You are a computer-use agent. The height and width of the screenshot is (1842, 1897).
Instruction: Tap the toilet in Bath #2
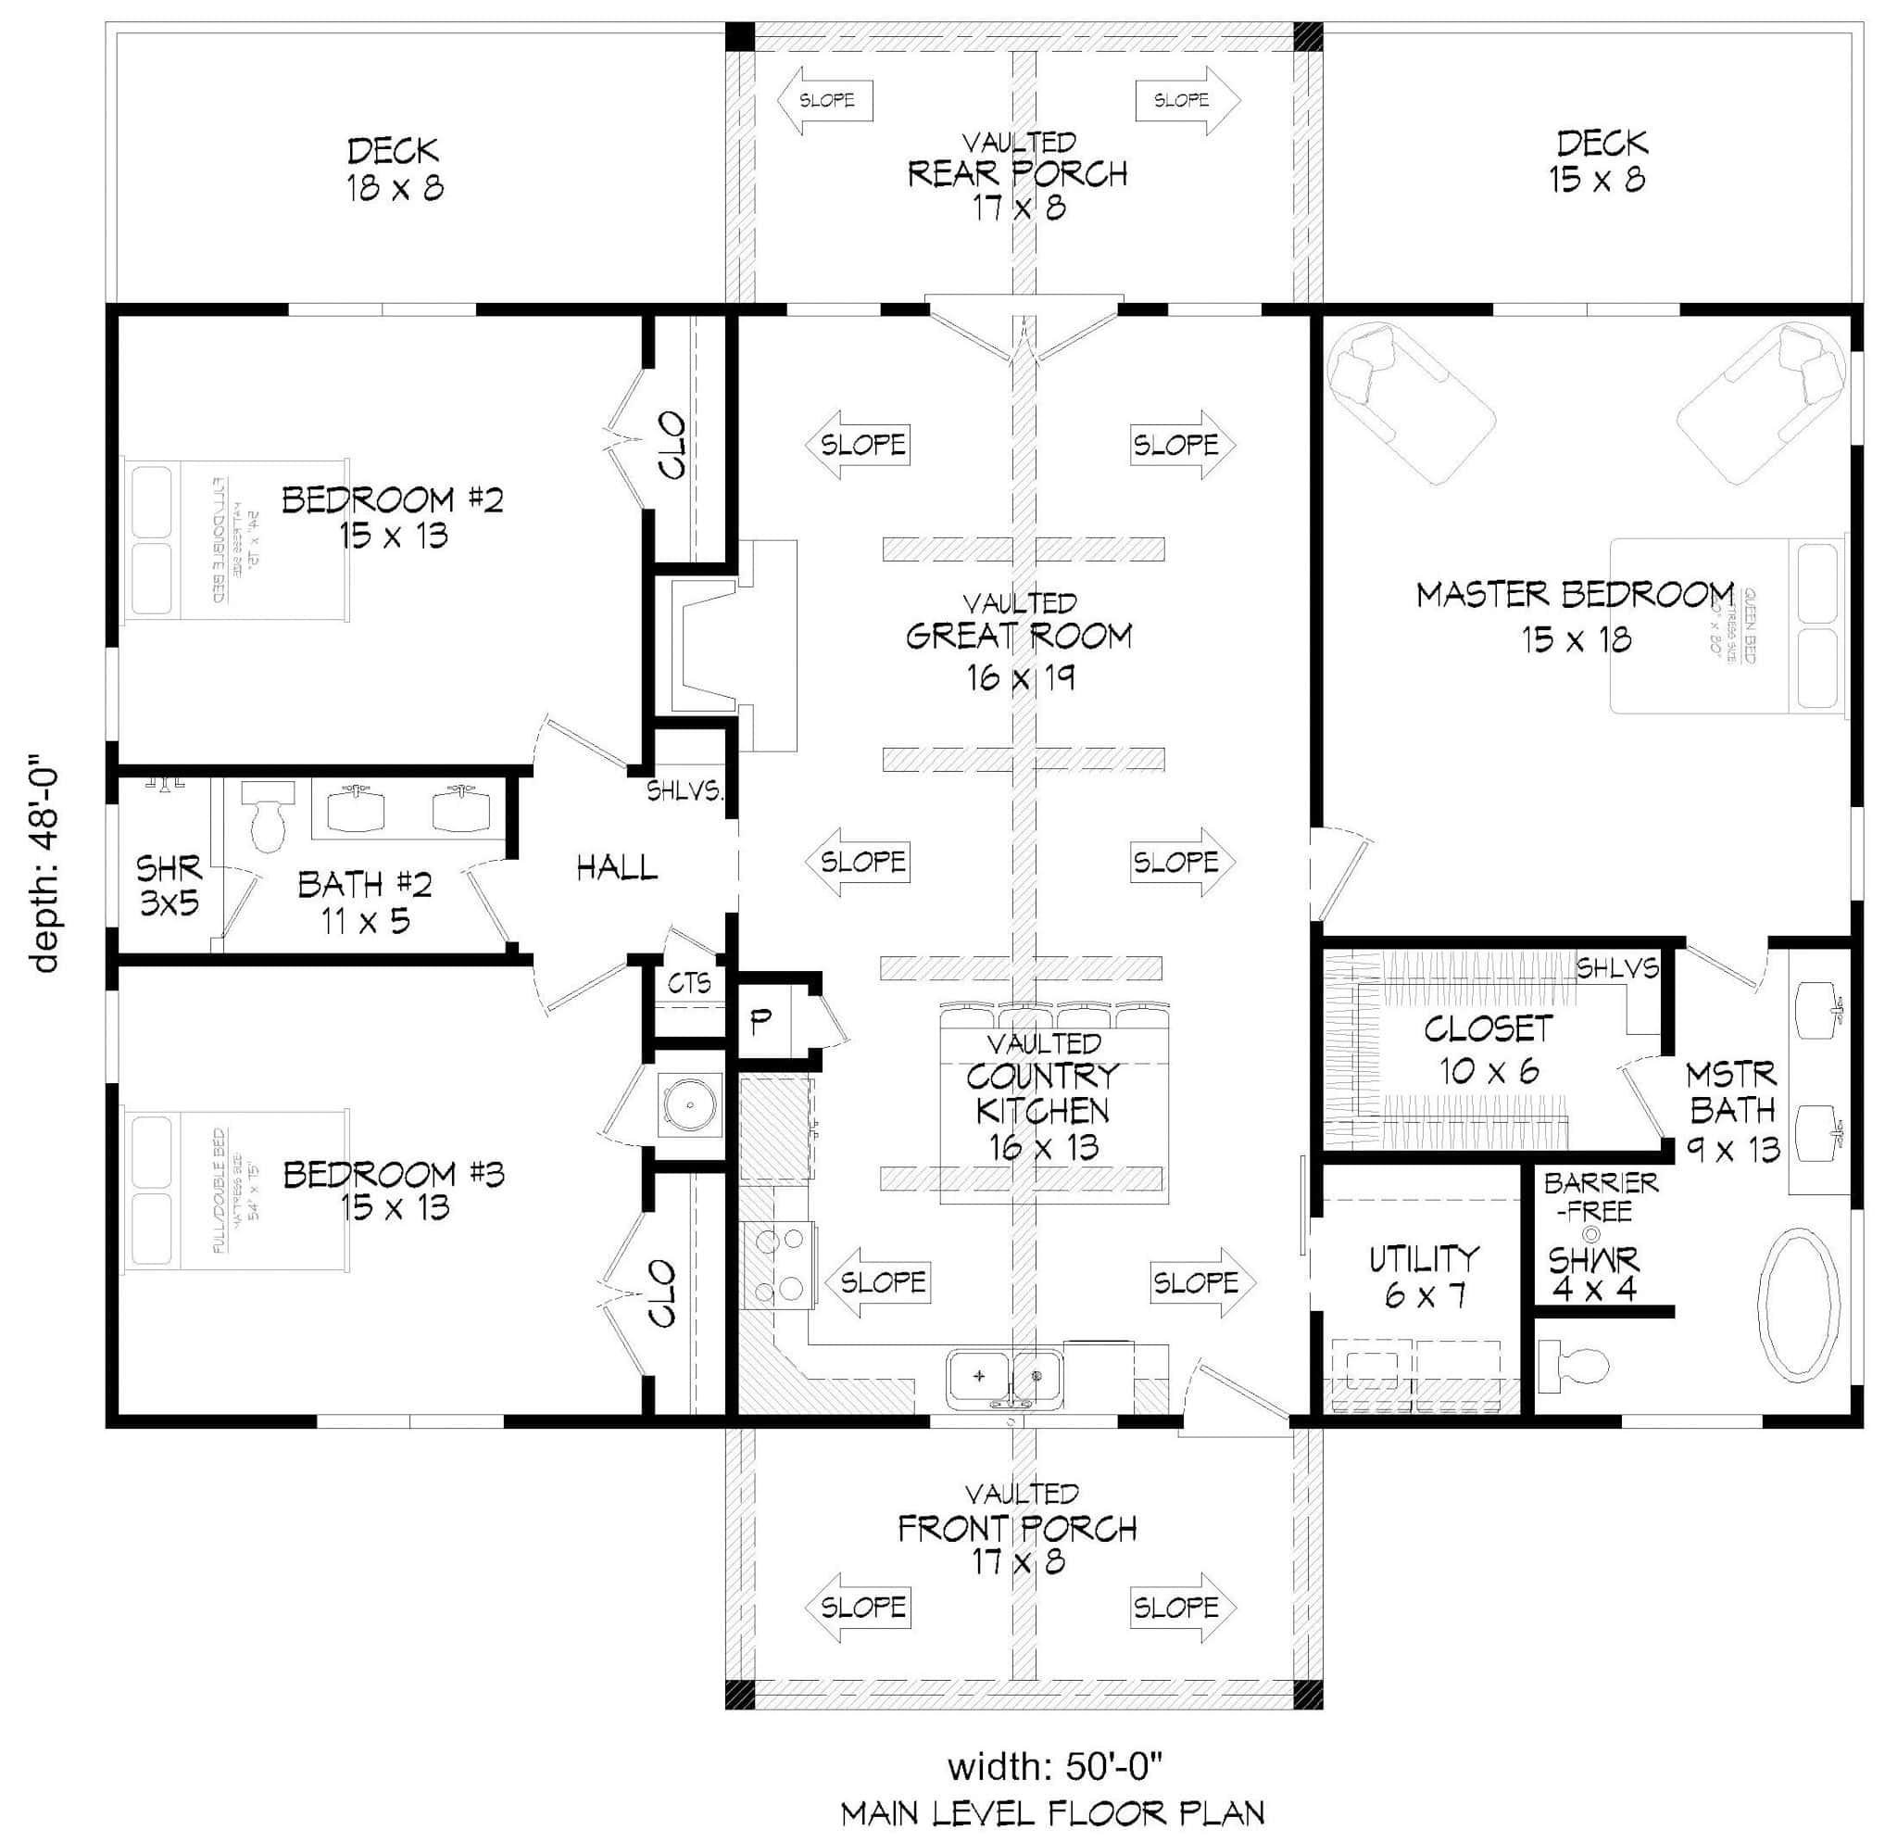267,816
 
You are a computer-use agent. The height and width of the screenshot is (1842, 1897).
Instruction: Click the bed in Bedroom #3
237,1191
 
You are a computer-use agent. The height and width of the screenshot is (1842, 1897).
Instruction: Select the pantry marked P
761,1018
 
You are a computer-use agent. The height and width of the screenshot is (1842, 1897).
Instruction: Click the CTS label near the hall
688,983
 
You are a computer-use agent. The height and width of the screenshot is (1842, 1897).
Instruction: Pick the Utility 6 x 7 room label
1423,1276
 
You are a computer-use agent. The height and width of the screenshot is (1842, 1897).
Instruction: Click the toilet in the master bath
1575,1365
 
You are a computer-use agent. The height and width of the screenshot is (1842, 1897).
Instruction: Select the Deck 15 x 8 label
1600,160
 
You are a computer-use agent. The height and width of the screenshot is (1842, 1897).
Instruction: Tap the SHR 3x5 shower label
169,884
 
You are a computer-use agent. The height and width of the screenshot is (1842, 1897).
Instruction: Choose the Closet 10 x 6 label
1488,1049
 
